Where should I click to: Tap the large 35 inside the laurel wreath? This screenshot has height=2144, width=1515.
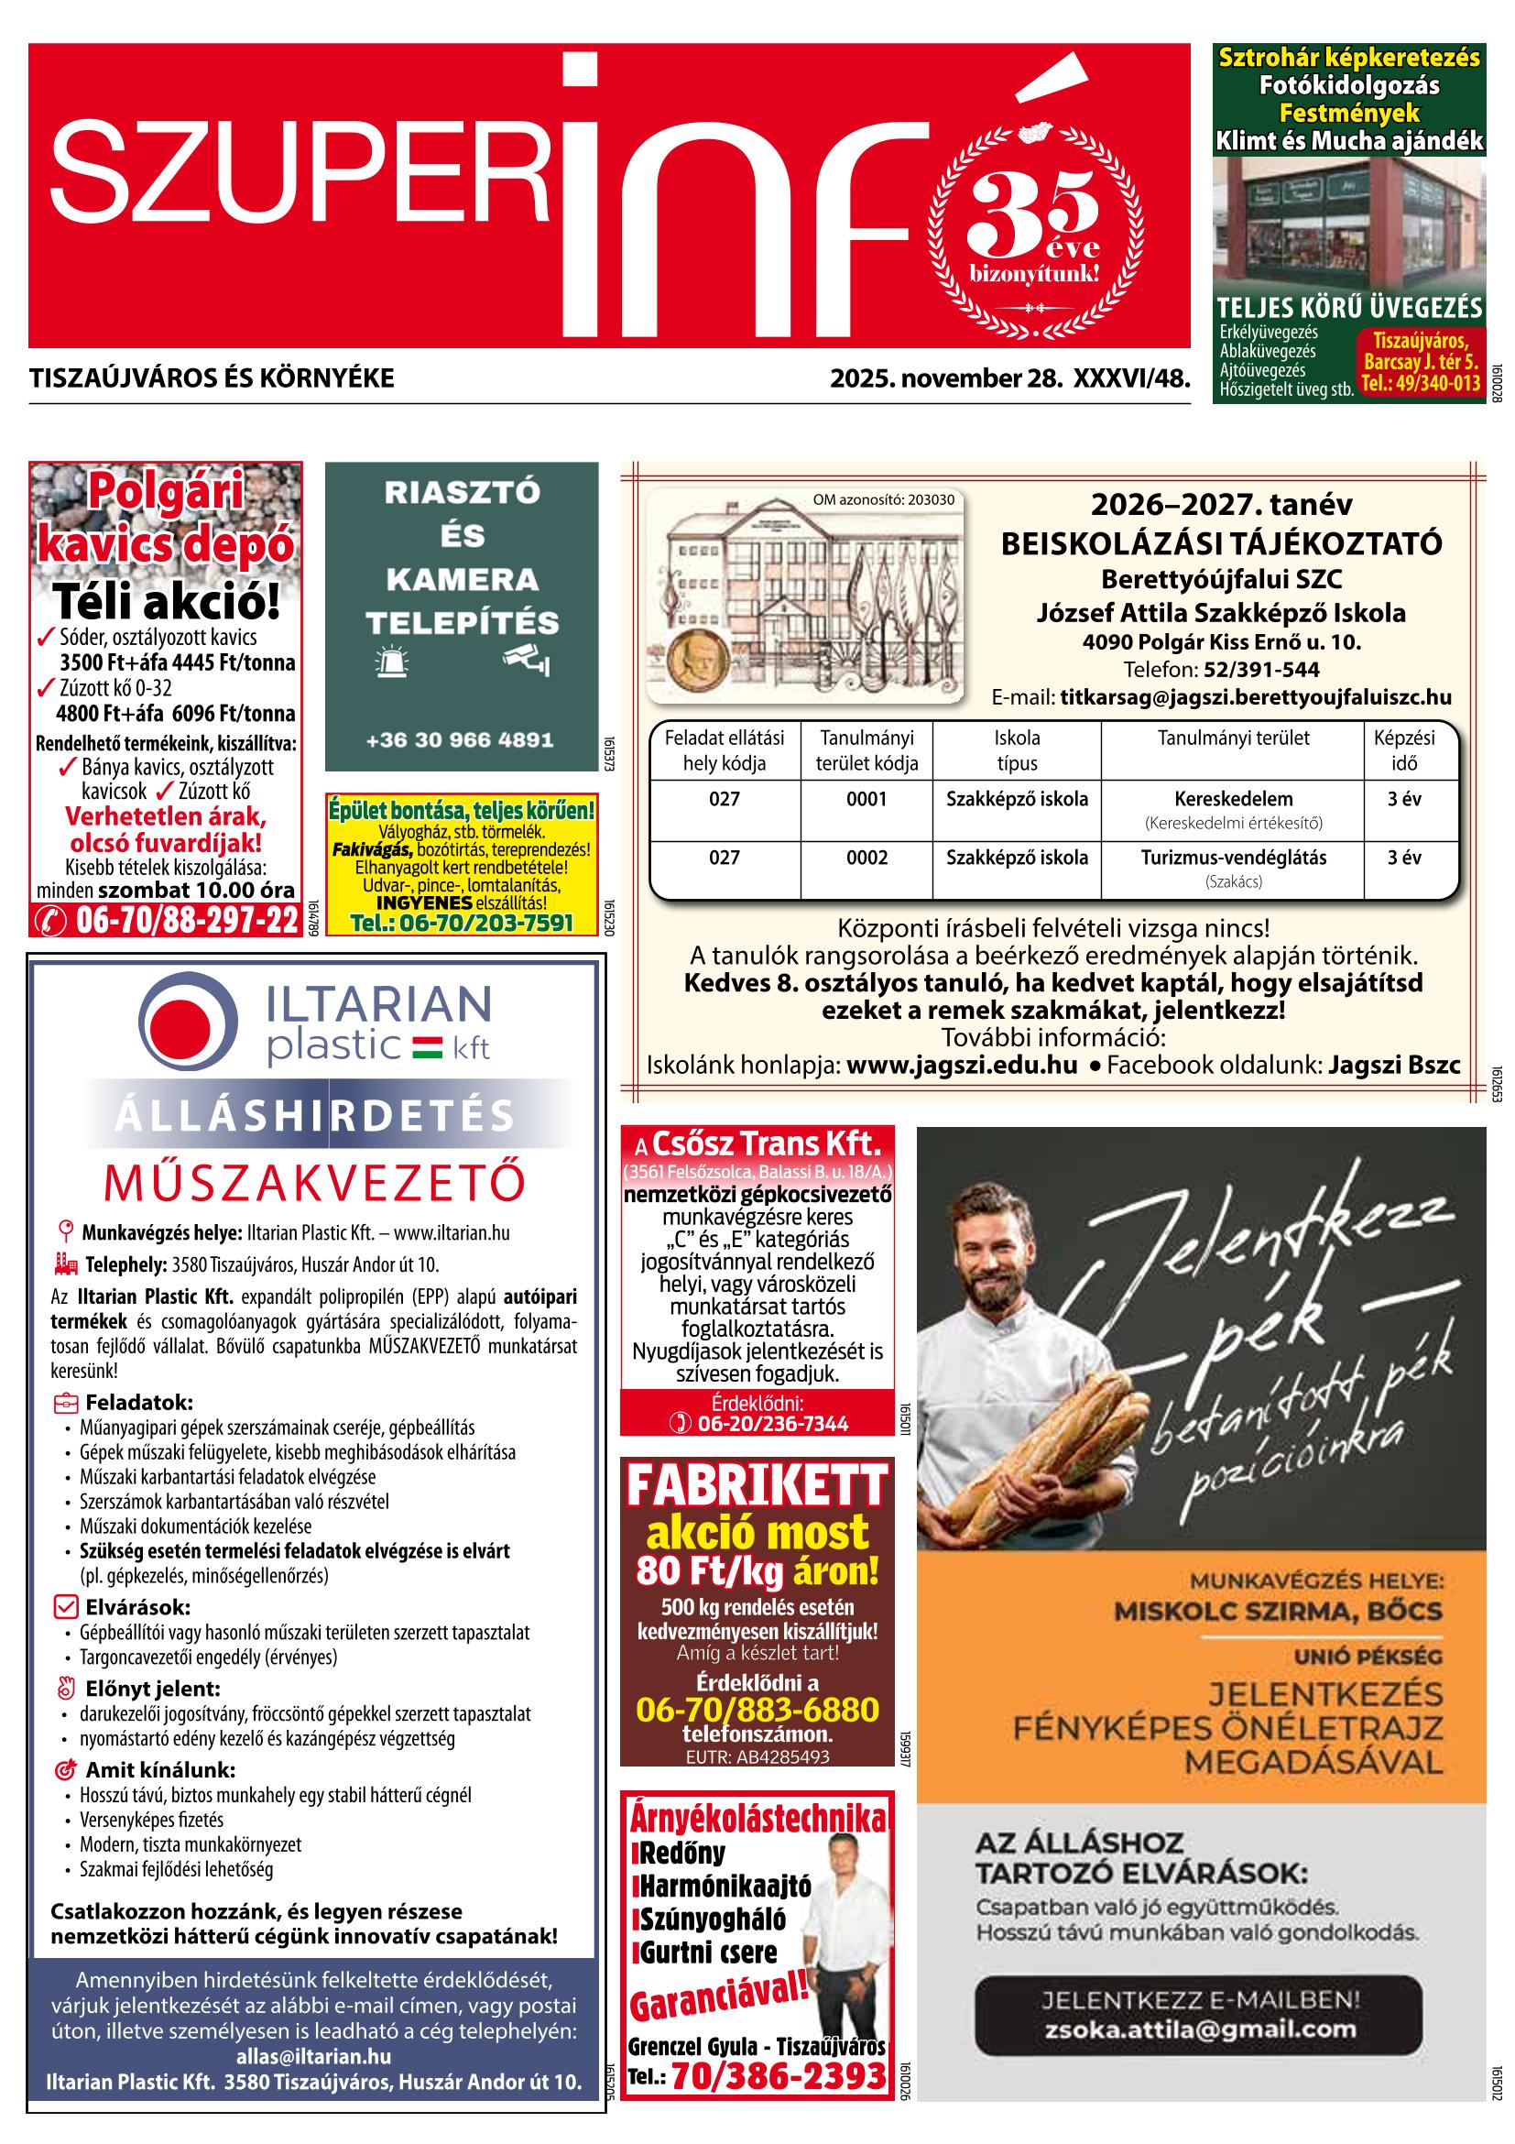tap(1034, 213)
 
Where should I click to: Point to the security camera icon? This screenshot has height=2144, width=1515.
tap(527, 659)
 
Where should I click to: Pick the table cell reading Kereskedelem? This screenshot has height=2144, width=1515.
tap(1233, 799)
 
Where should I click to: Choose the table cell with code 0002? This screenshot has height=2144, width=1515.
tap(866, 858)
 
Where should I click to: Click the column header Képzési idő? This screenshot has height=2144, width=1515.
tap(1403, 749)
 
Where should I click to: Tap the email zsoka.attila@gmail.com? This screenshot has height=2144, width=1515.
tap(1201, 2030)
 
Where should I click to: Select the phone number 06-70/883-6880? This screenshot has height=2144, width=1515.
tap(757, 1709)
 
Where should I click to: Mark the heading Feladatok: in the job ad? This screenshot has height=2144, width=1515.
tap(139, 1402)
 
